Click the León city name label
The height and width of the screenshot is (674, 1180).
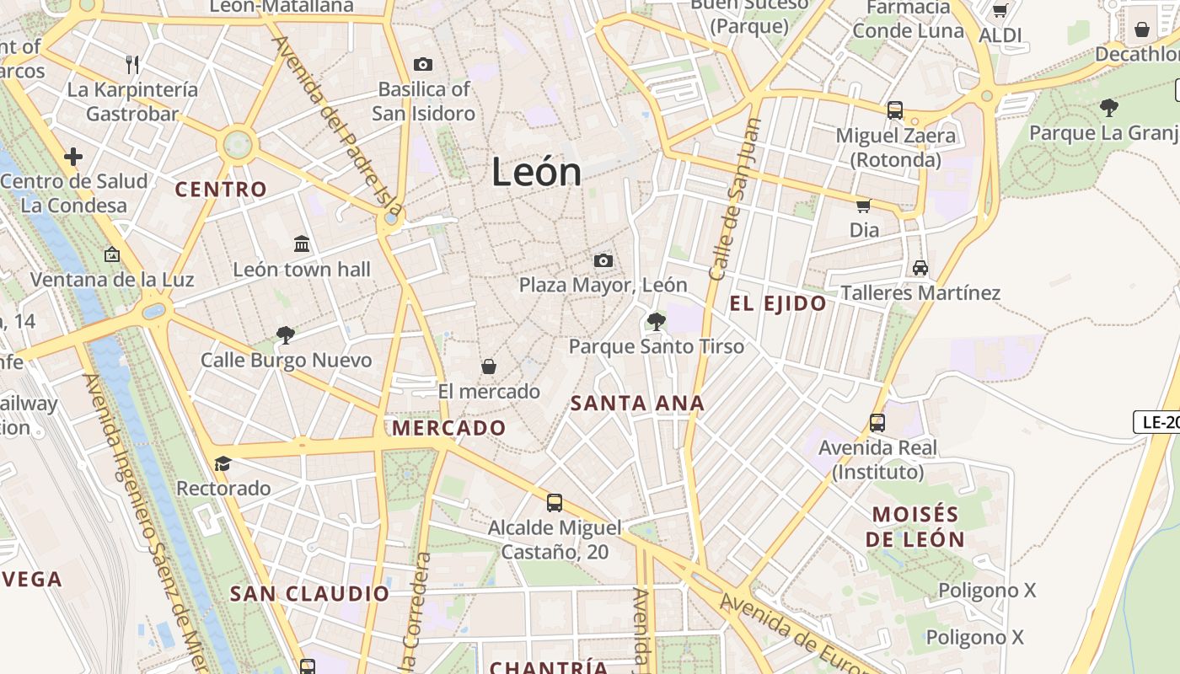536,173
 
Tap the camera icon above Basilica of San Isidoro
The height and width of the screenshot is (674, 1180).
423,64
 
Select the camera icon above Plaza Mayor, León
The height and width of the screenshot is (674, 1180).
603,260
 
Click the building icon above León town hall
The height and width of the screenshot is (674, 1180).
302,244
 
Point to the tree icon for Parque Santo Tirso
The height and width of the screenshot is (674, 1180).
656,321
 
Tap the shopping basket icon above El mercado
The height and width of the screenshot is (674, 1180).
488,366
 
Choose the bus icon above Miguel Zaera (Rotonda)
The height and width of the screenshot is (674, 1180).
895,110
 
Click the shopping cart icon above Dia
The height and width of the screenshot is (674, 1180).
863,206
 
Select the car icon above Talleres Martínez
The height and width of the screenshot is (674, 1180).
920,268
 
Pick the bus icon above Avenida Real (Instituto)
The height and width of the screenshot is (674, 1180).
877,422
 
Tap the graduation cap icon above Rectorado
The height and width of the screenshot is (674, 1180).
223,463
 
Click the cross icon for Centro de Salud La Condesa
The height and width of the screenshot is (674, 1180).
73,156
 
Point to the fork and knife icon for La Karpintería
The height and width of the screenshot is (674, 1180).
132,64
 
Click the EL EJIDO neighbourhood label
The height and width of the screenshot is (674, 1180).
778,304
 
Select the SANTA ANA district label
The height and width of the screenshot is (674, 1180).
637,404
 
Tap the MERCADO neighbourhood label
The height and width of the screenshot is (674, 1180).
448,428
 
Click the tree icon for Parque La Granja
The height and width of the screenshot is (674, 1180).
1109,107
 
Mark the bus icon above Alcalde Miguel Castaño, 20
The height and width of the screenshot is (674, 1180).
554,503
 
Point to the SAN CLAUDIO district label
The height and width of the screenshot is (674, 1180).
310,594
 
